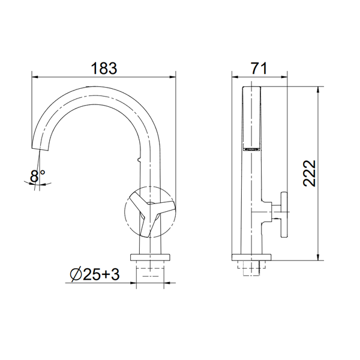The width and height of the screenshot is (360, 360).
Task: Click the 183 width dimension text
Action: (104, 68)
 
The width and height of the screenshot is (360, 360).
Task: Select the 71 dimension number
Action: (259, 68)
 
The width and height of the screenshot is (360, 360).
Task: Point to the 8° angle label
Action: (37, 176)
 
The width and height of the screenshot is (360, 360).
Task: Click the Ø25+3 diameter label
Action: (95, 274)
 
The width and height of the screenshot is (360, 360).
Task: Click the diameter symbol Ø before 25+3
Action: (76, 274)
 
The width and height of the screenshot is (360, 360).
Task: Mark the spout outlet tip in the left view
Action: (40, 149)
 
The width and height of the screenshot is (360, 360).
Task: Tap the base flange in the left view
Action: (150, 257)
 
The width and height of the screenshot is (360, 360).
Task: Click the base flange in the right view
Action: (251, 257)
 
